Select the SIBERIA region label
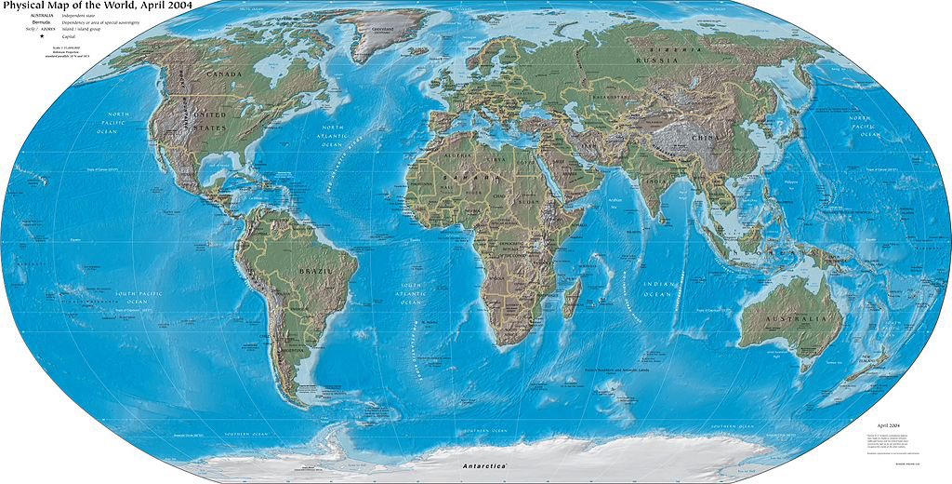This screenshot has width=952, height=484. click(x=671, y=47)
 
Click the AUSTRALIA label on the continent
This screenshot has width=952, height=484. click(x=796, y=318)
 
